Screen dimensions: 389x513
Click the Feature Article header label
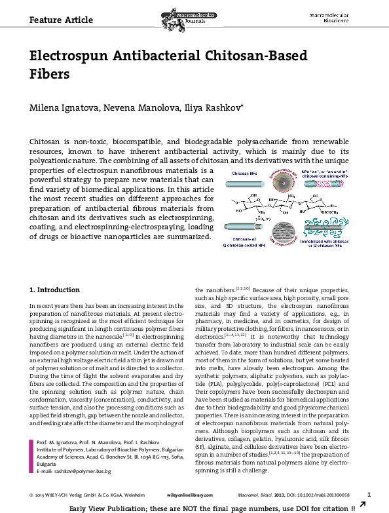point(62,19)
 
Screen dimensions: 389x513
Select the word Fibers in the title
point(50,74)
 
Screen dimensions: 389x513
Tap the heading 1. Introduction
point(56,289)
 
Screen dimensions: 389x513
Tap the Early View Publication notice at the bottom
point(212,507)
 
